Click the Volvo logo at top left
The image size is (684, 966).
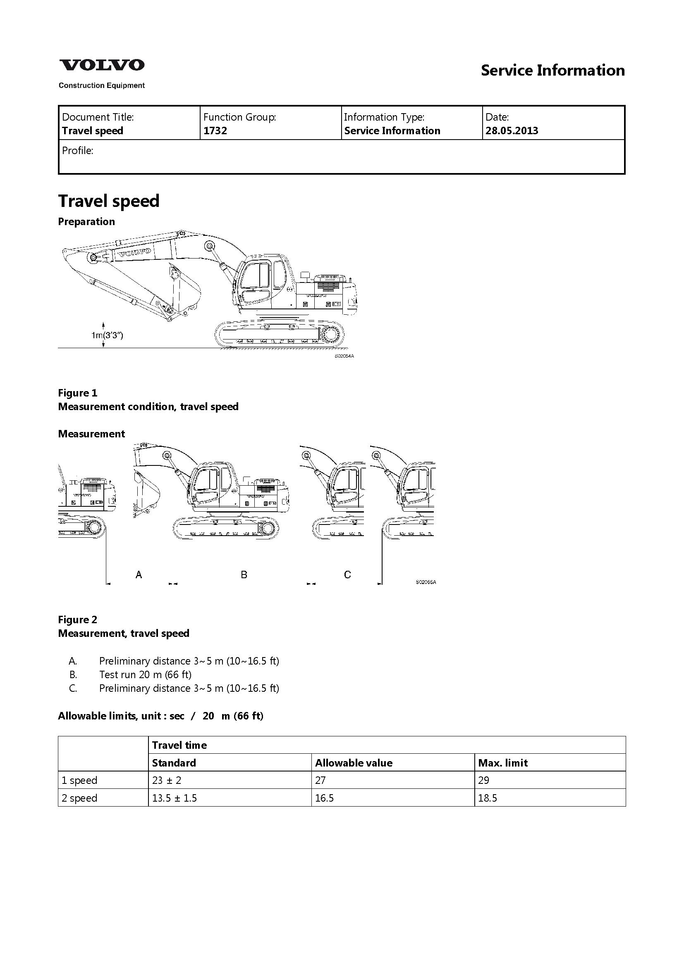pyautogui.click(x=101, y=65)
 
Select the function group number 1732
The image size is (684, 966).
pyautogui.click(x=215, y=131)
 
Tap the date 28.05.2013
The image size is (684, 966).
pyautogui.click(x=512, y=131)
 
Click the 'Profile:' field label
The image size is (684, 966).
pyautogui.click(x=77, y=151)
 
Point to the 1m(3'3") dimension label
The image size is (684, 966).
pyautogui.click(x=108, y=335)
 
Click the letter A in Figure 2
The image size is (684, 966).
pyautogui.click(x=139, y=575)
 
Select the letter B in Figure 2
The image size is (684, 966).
pyautogui.click(x=244, y=575)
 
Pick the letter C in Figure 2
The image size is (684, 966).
pyautogui.click(x=347, y=575)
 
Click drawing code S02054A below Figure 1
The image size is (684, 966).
pyautogui.click(x=344, y=356)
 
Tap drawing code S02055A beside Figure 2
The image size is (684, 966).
pyautogui.click(x=426, y=582)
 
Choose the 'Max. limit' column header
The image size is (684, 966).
pyautogui.click(x=503, y=763)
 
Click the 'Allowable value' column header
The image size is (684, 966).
pyautogui.click(x=354, y=763)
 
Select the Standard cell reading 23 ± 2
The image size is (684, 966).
pyautogui.click(x=167, y=781)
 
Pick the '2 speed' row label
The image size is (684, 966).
pyautogui.click(x=79, y=798)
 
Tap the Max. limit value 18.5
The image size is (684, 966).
pyautogui.click(x=488, y=798)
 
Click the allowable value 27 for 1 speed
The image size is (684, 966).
pyautogui.click(x=320, y=781)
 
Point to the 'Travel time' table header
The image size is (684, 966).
pyautogui.click(x=179, y=745)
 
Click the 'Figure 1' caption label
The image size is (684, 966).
pyautogui.click(x=77, y=393)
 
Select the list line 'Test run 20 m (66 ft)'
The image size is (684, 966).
pyautogui.click(x=145, y=674)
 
